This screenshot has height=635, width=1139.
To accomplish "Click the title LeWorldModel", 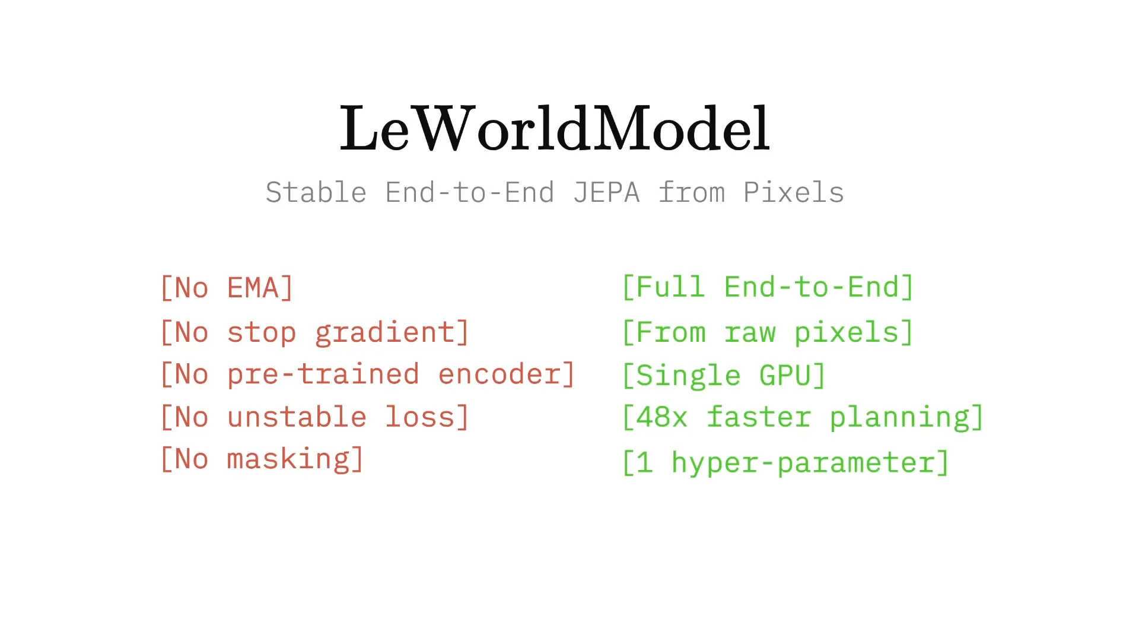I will click(554, 128).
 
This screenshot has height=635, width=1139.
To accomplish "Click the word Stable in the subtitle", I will click(316, 193).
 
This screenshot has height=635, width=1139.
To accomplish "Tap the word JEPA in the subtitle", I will click(606, 193).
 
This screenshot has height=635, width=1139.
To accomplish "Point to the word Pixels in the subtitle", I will click(793, 193).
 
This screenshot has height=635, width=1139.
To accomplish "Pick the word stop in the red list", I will click(262, 333).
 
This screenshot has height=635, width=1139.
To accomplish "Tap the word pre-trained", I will click(323, 375).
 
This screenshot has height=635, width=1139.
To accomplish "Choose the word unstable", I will click(297, 417).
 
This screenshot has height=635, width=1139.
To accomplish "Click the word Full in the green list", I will click(670, 288).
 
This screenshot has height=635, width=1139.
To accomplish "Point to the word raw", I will click(750, 333).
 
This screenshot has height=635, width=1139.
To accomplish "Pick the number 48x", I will click(662, 417).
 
